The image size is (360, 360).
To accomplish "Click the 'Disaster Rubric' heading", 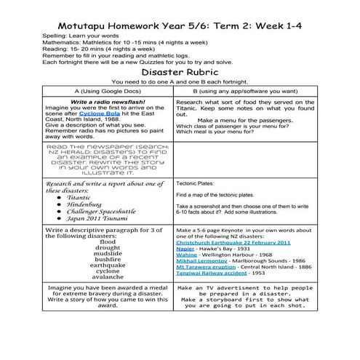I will (180, 74).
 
